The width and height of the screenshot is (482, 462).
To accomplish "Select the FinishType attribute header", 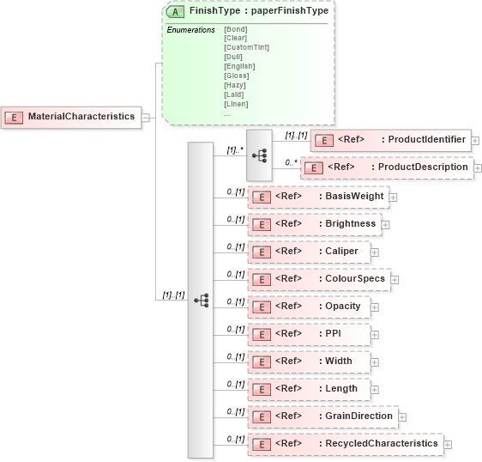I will (246, 12).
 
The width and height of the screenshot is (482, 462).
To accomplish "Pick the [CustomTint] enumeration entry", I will (246, 47).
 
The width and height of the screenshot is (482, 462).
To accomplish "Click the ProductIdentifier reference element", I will (390, 140).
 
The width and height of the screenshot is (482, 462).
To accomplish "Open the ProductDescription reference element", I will (386, 167).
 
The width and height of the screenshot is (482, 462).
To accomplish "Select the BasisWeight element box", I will (317, 197).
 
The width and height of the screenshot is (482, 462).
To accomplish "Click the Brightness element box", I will (313, 224).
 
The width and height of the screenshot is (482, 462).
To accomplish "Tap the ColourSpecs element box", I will (318, 279).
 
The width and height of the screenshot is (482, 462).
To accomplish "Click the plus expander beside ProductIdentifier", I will (475, 141).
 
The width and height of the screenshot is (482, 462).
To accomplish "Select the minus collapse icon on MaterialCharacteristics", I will (146, 117).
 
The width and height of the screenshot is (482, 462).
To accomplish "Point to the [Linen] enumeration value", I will (237, 104).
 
